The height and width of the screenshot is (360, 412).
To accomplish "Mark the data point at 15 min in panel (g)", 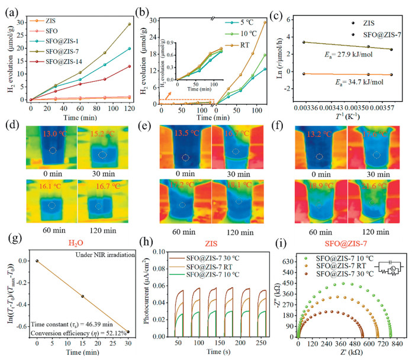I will pos(83,296).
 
